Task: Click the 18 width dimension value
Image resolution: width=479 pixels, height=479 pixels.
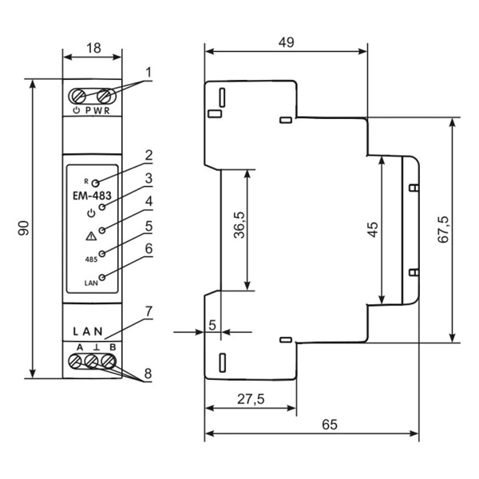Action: (93, 48)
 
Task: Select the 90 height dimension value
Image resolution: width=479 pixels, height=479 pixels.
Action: (24, 228)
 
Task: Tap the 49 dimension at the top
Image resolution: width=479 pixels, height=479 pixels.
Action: (287, 42)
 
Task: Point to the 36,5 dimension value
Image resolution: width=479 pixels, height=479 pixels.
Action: (239, 225)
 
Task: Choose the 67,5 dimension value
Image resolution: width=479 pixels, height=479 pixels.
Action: (443, 229)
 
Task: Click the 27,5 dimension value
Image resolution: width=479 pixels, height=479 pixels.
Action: (251, 399)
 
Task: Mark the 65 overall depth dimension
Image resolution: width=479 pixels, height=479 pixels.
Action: (330, 425)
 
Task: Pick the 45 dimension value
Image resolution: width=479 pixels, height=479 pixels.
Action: (373, 229)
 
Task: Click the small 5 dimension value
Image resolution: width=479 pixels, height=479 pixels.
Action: (212, 325)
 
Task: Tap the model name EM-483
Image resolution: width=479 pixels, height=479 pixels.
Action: (92, 196)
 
